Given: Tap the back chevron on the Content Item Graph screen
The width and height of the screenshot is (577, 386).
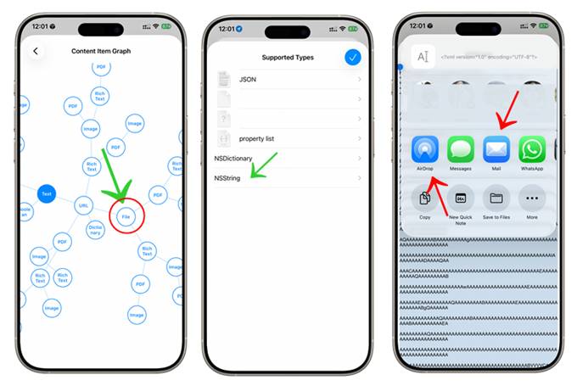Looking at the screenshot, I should [x=36, y=52].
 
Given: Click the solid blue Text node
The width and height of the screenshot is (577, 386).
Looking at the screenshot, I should [x=47, y=193].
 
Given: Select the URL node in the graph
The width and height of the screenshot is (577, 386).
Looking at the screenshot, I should [x=83, y=204].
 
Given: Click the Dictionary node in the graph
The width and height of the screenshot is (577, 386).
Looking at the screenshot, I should [x=95, y=229].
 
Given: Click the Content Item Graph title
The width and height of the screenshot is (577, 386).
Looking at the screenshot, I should [x=100, y=52].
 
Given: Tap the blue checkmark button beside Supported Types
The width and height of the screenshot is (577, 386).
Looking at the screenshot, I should [x=353, y=58].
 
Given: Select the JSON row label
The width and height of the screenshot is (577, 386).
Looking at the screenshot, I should [x=249, y=79].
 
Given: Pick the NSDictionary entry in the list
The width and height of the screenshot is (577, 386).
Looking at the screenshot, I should [x=233, y=159].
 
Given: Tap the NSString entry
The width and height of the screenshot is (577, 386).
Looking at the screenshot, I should [x=228, y=178].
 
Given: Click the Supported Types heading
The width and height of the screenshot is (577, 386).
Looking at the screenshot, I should [x=288, y=58].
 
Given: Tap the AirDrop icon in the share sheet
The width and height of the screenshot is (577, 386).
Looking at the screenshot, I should [x=424, y=149].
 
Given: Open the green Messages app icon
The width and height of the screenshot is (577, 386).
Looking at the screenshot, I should [x=461, y=149].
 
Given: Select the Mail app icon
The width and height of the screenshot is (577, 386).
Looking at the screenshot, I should [x=496, y=149].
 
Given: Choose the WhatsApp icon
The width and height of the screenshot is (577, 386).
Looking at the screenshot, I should [x=532, y=149].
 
